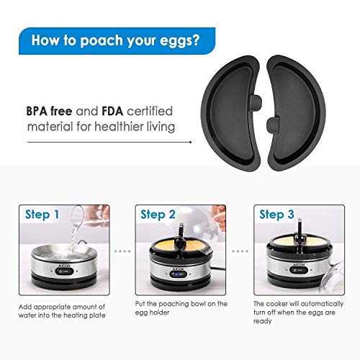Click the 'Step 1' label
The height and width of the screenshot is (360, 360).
tap(42, 215)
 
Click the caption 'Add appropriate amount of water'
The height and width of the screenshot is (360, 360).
tap(61, 311)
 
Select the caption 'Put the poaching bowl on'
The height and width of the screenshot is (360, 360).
tap(179, 304)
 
